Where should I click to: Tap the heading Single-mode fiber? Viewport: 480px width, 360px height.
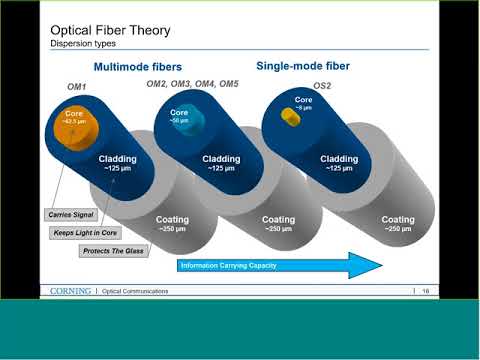(302, 66)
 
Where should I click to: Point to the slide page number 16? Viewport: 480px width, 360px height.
(425, 291)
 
